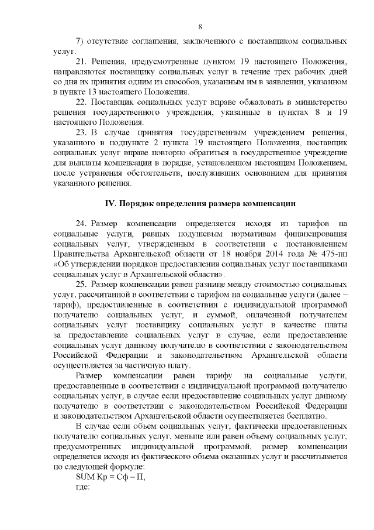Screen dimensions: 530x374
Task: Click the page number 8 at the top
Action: coord(200,27)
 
